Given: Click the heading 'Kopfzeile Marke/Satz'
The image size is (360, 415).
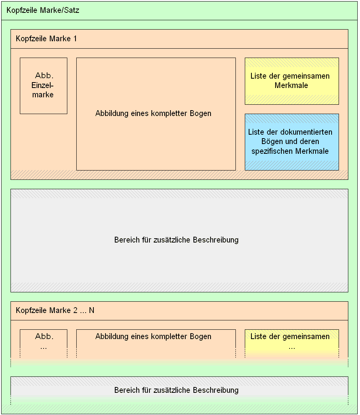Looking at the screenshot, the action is [43, 11].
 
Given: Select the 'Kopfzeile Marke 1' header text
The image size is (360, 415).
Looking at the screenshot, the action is [46, 39].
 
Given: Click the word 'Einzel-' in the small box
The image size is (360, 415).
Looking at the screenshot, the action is [42, 85].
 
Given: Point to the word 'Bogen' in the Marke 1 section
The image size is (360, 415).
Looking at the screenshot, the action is [200, 114].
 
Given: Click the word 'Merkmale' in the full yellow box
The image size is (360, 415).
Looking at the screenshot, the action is [291, 86].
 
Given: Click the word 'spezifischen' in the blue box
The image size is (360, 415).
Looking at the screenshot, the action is [272, 151].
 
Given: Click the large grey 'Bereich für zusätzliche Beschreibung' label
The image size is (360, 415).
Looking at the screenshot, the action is [176, 240].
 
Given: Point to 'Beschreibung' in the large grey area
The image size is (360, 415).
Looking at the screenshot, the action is [216, 240].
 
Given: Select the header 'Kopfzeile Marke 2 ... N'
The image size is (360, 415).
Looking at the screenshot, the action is [55, 310].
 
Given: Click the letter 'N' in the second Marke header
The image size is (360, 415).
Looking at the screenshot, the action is [91, 310].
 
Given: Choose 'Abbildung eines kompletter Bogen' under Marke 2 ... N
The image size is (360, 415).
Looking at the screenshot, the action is [153, 337].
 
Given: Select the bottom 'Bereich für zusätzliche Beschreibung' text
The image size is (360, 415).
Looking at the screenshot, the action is [176, 390].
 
